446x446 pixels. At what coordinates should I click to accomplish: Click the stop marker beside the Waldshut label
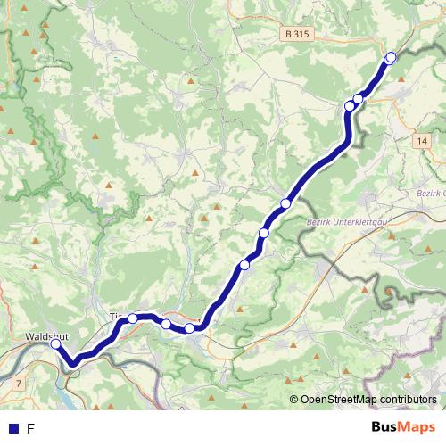tap(55, 343)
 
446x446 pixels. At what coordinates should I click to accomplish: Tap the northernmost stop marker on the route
tap(390, 58)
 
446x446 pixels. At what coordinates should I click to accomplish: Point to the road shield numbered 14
tap(422, 140)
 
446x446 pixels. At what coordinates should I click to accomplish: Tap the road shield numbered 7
tap(18, 382)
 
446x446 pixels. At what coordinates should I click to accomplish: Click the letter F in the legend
tap(31, 429)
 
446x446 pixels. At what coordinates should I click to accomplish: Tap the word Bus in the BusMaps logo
tap(386, 427)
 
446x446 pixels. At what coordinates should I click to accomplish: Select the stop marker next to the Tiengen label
tap(133, 318)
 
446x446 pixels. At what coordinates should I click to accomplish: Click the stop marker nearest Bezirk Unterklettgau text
tap(285, 203)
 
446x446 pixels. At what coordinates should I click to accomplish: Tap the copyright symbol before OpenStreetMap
tap(293, 400)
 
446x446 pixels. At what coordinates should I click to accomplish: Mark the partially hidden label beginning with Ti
tap(114, 316)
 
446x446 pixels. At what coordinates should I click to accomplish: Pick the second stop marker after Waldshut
tap(166, 323)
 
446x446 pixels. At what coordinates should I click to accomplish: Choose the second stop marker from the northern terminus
tap(359, 99)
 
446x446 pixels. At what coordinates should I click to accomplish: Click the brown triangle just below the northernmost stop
tap(401, 79)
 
